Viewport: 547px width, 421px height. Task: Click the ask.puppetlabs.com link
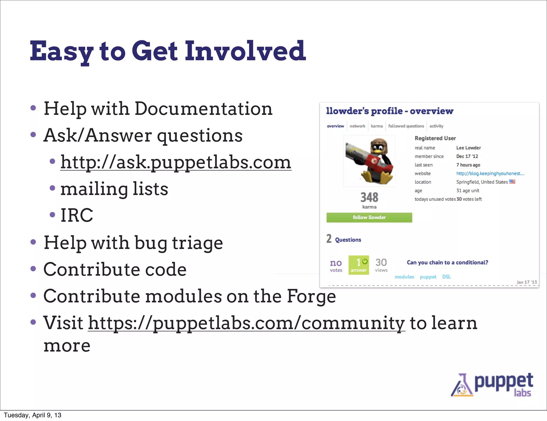(175, 162)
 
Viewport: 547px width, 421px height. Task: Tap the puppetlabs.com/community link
(246, 323)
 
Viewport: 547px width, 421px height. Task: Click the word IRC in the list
(77, 215)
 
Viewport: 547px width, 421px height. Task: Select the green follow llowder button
(369, 217)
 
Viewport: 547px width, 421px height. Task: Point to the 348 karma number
(369, 197)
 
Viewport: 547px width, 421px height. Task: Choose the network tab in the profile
(357, 126)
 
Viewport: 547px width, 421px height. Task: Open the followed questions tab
(406, 126)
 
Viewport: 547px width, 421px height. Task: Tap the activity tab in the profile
(436, 126)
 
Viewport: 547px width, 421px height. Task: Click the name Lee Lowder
(468, 148)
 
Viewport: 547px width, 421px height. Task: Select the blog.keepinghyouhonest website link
(490, 173)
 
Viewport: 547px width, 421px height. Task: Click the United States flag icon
(512, 182)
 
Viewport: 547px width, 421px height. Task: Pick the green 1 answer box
(359, 265)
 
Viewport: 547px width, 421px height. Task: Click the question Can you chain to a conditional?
(447, 262)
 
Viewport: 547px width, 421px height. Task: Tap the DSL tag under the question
(446, 277)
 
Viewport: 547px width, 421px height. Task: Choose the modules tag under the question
(404, 277)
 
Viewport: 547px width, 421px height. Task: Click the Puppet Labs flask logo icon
(462, 386)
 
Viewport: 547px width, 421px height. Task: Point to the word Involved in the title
(245, 51)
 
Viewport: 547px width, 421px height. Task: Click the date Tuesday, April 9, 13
(33, 415)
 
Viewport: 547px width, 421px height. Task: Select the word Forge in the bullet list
(311, 296)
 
